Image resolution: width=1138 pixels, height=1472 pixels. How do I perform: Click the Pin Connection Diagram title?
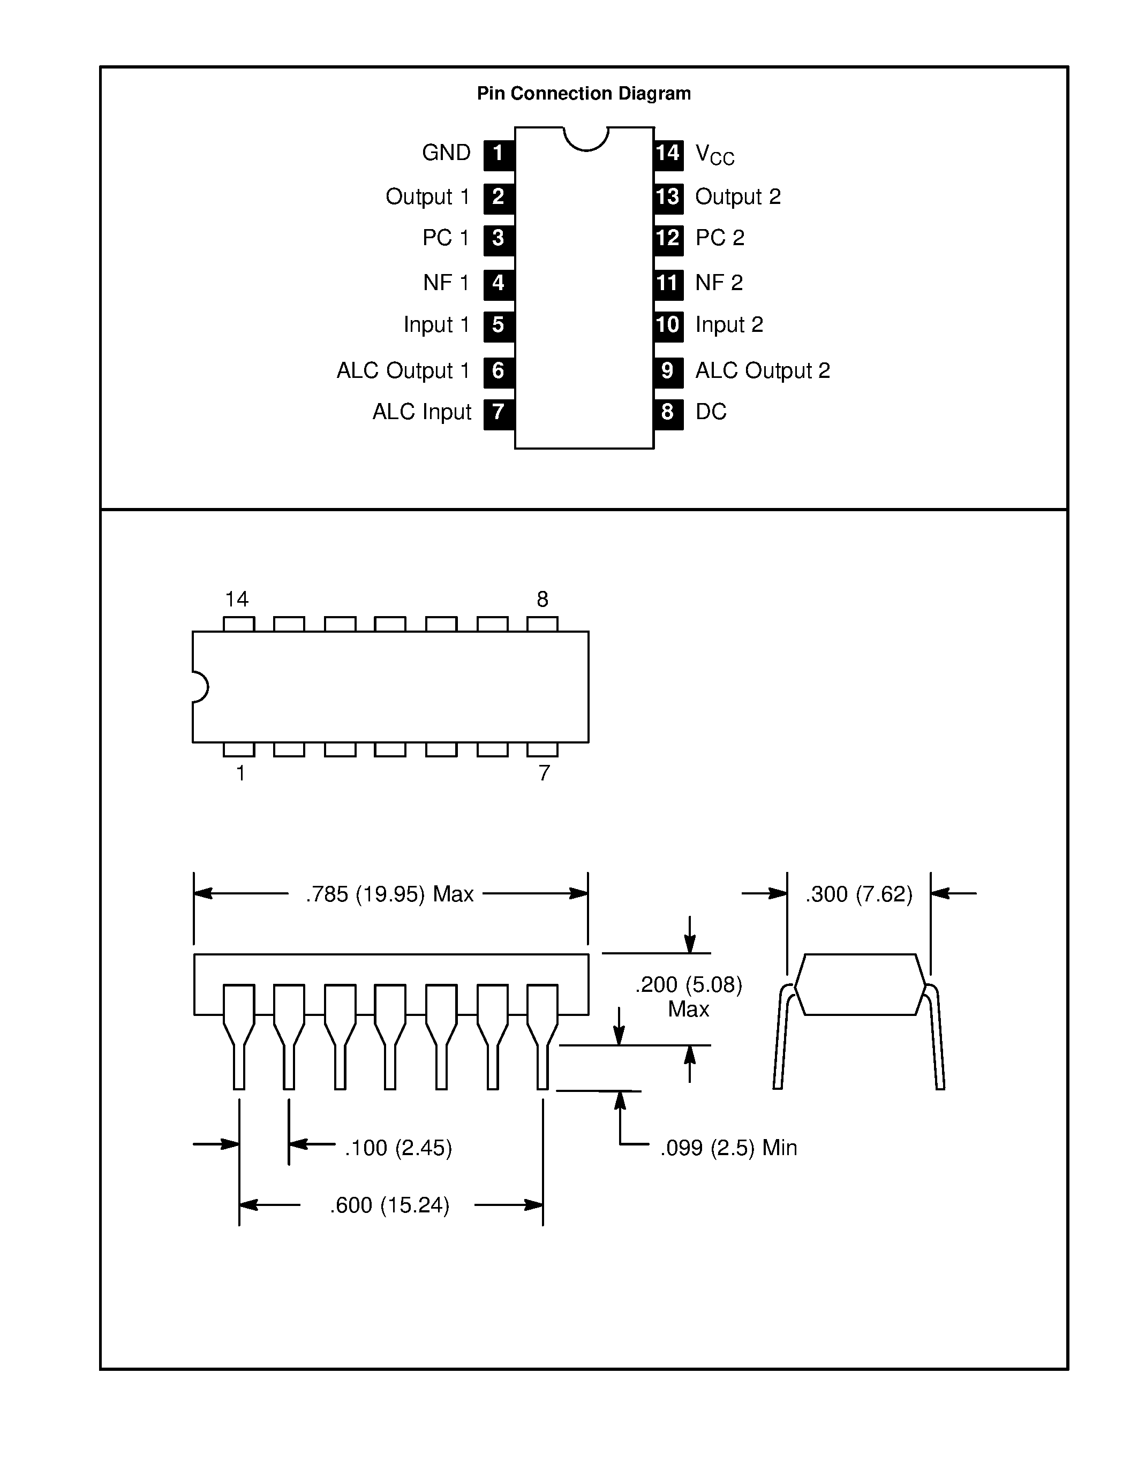583,93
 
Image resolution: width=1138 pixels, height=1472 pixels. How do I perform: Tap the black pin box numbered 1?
498,154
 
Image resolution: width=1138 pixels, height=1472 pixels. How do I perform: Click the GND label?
446,153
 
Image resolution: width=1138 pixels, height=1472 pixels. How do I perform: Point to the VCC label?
714,154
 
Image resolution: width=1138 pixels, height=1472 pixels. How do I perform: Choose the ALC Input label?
421,412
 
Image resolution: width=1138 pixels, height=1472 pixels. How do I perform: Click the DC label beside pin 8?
711,412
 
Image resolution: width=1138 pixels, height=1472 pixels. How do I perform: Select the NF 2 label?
719,283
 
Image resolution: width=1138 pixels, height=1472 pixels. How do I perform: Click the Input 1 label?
436,325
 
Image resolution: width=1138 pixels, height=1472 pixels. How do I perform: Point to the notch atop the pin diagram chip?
586,138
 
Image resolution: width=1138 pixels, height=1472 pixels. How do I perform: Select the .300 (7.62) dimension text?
858,894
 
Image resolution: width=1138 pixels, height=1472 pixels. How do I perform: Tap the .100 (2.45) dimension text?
398,1148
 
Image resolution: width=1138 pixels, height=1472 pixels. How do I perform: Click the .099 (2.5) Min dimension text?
728,1148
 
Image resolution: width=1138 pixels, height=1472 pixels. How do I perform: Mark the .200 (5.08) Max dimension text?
688,997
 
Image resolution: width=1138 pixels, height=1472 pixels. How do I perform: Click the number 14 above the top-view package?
237,599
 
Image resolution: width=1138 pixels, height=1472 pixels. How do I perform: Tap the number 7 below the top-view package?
544,773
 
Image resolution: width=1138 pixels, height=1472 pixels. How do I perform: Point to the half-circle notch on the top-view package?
200,687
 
